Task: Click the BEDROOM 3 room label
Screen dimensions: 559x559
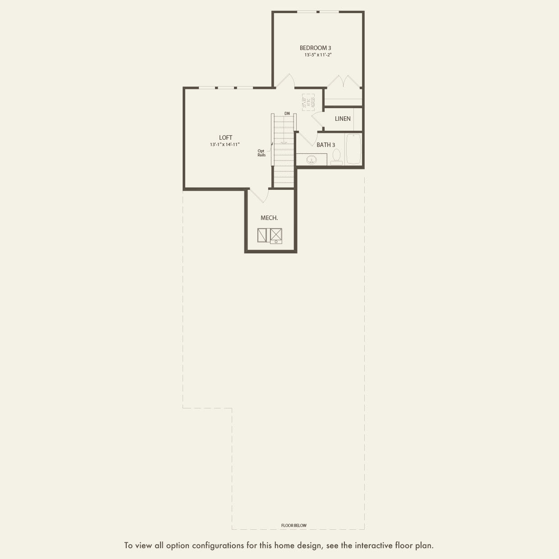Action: pos(316,48)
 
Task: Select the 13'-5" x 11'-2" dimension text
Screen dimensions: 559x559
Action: pos(318,55)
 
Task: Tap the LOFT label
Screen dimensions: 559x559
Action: pos(225,137)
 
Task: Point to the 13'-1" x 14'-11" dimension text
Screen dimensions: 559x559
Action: pos(225,145)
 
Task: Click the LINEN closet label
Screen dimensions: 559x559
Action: pos(343,119)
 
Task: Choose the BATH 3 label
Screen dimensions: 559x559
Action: pos(325,145)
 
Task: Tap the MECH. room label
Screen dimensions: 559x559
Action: pos(269,218)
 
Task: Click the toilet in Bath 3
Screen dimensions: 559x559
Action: pos(336,156)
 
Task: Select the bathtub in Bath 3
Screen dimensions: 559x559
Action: pos(353,149)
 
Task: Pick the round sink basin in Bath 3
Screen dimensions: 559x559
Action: pos(312,160)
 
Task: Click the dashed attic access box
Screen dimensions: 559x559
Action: pos(308,102)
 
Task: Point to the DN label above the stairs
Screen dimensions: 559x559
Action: pos(287,113)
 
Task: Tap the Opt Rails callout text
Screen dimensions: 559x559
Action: pos(261,153)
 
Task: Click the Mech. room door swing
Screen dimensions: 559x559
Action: pos(260,196)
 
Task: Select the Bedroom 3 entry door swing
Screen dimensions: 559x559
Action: pos(285,81)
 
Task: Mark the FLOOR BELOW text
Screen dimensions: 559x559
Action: pos(293,525)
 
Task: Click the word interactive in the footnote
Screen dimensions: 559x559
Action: pos(374,545)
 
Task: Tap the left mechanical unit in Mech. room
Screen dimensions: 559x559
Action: pos(262,235)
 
